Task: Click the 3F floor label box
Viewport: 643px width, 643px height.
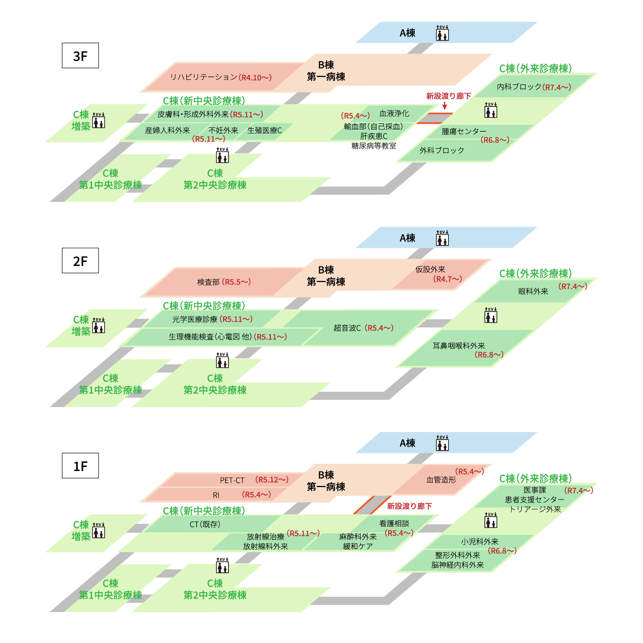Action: coord(80,55)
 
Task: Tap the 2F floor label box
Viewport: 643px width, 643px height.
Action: coord(80,260)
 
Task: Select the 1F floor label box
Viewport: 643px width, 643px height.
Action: coord(80,465)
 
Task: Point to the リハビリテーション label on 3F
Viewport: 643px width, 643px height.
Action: coord(204,77)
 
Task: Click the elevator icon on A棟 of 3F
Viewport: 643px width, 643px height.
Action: coord(442,33)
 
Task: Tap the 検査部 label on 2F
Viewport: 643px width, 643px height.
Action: coord(208,282)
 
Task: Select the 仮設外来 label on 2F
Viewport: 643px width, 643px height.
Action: coord(430,269)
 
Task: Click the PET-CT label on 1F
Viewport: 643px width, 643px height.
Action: coord(232,480)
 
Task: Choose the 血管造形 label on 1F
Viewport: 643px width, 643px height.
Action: coord(441,480)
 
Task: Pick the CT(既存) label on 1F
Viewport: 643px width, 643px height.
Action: coord(205,524)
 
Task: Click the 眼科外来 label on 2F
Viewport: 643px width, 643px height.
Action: coord(533,291)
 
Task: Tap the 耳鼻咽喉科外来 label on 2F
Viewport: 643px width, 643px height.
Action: coord(459,346)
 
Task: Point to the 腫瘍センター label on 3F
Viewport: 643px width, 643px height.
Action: coord(464,131)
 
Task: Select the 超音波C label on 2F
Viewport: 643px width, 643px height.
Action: coord(347,328)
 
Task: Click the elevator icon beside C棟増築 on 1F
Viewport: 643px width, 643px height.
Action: coord(98,530)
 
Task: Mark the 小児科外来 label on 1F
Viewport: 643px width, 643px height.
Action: coord(480,542)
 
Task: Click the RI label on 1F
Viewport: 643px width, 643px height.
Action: coord(216,495)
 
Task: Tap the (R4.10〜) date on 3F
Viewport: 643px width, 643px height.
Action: coord(255,78)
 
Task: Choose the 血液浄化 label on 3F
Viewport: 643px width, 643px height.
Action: coord(394,113)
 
